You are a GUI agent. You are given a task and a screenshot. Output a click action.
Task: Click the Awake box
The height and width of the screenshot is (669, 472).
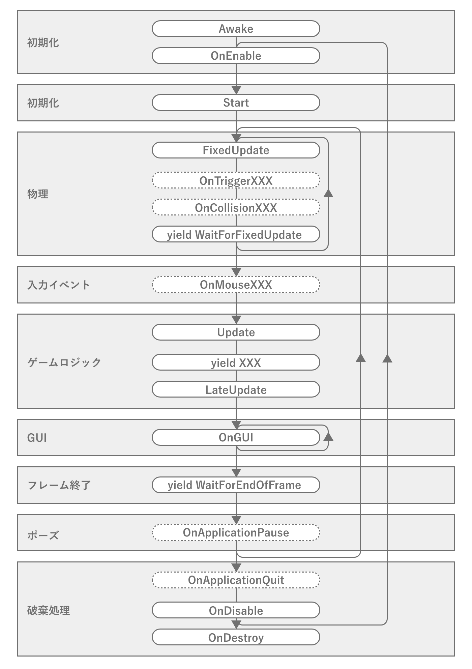point(236,29)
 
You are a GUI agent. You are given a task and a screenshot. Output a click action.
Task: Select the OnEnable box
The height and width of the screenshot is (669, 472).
point(236,56)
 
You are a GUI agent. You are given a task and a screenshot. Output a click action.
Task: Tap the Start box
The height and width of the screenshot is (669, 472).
point(236,103)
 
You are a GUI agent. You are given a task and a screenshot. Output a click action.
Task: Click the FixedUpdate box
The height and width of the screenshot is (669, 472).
point(236,150)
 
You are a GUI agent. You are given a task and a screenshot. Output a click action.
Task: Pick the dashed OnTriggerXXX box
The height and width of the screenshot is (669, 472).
point(236,180)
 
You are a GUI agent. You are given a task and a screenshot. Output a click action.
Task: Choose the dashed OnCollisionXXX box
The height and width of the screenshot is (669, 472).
point(236,207)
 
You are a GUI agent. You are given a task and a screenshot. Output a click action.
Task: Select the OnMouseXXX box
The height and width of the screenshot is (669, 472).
point(236,285)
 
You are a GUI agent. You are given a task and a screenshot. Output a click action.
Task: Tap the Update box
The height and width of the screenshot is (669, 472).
point(236,332)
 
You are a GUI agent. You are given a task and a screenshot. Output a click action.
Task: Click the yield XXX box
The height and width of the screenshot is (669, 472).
point(236,363)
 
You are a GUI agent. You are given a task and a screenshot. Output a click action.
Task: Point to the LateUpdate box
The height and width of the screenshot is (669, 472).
point(236,390)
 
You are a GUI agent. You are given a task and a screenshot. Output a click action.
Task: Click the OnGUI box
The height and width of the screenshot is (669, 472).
point(236,437)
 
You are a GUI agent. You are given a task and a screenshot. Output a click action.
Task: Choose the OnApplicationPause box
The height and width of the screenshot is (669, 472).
point(236,532)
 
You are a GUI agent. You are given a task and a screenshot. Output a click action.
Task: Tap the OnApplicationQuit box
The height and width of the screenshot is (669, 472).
point(236,580)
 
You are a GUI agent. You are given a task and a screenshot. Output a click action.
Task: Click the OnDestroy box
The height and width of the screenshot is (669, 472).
point(236,638)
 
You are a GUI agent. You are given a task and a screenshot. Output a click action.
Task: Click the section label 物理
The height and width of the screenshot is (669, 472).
point(38,194)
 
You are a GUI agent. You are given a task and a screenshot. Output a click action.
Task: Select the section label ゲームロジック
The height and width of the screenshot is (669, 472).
point(64,362)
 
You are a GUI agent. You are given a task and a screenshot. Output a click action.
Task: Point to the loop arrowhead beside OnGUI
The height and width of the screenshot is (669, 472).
point(328,436)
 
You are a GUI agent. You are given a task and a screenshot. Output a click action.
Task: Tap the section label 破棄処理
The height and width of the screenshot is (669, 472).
point(49,610)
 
